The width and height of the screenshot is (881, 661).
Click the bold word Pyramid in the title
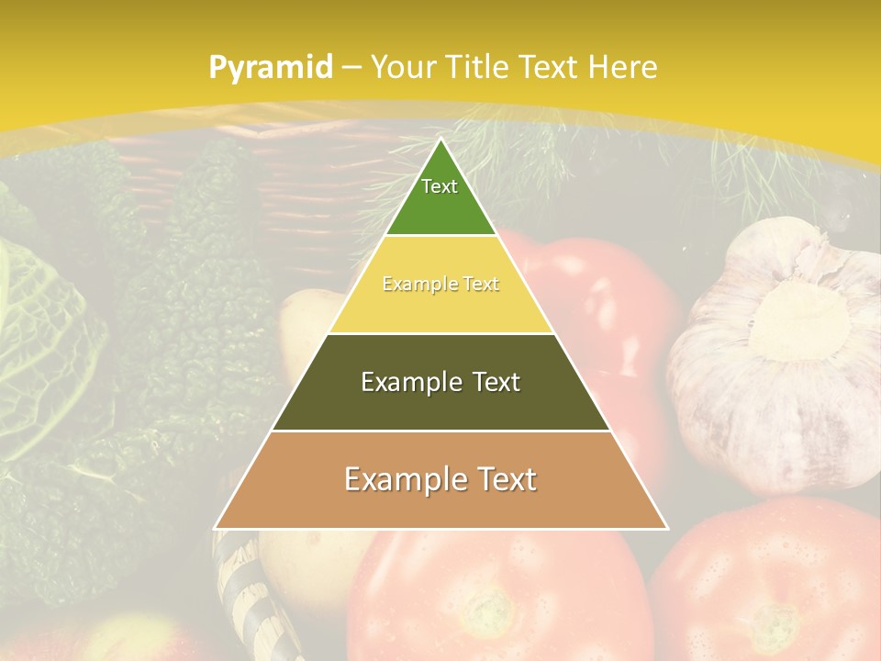pos(270,68)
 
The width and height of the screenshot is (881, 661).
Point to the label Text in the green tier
pos(440,186)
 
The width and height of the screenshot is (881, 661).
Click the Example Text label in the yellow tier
pos(440,285)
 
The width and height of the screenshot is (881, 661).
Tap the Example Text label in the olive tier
pos(440,382)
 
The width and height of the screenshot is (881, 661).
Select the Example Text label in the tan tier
pos(440,479)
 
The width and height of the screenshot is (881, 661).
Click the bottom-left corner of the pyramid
pos(216,528)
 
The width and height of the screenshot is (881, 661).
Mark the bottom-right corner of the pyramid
pos(666,528)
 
